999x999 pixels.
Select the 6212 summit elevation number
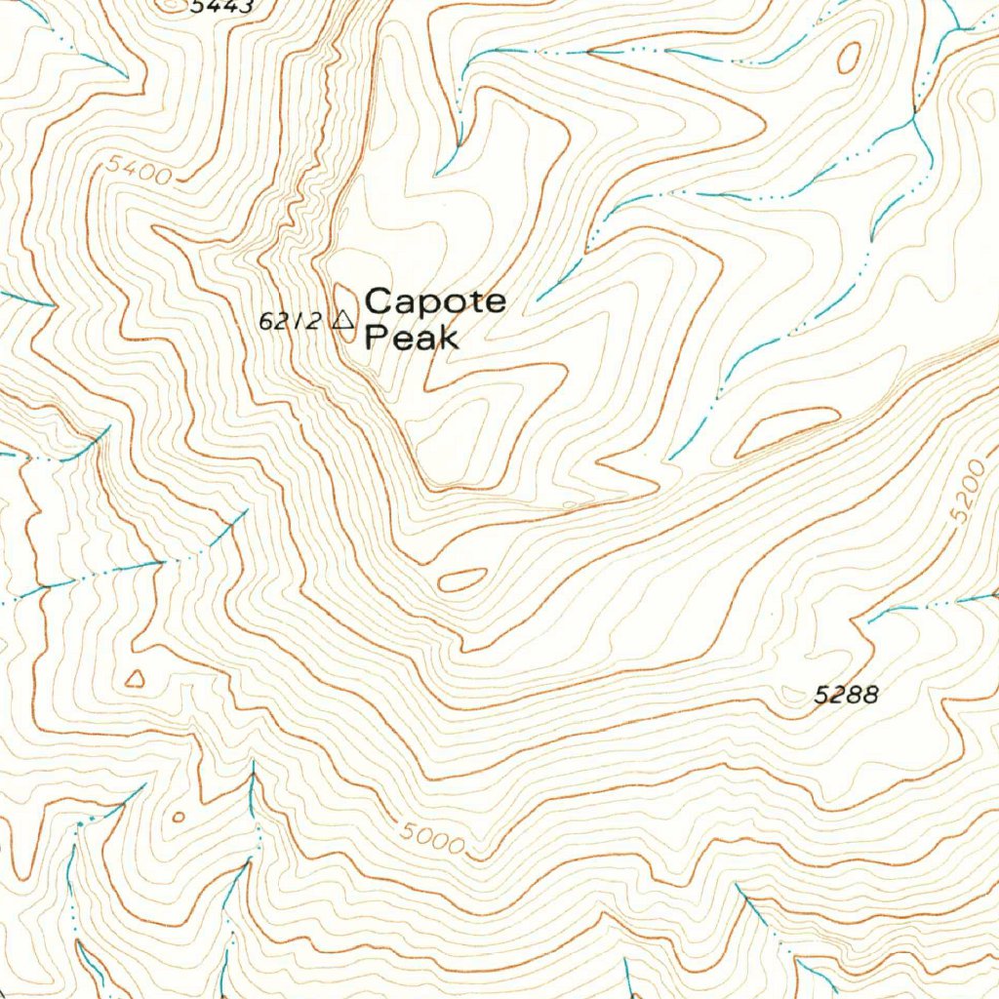click(x=290, y=320)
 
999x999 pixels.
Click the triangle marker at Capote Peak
click(x=342, y=319)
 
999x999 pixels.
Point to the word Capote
click(x=435, y=301)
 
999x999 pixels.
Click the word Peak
click(x=411, y=339)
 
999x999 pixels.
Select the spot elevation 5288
click(x=847, y=695)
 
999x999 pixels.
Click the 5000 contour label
click(x=432, y=840)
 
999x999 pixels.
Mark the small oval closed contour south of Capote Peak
click(x=462, y=580)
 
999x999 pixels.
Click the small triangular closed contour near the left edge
click(x=135, y=678)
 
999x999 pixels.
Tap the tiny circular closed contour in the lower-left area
click(x=178, y=817)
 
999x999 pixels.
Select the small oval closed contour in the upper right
click(x=849, y=58)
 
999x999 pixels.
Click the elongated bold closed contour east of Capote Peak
click(x=785, y=431)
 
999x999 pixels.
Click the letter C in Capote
click(x=377, y=301)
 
